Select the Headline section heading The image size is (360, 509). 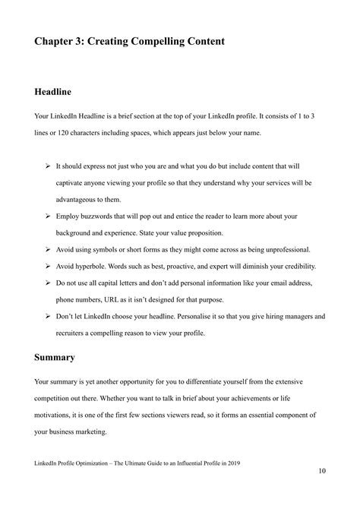click(x=53, y=92)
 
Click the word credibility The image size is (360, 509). click(x=289, y=267)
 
